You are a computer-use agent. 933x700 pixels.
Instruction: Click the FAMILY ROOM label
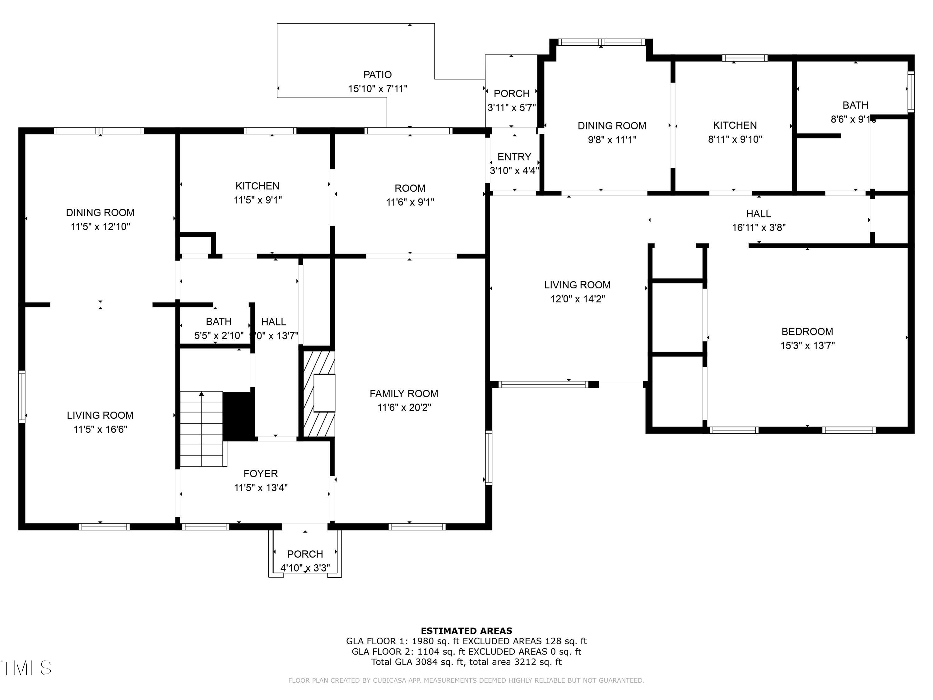[x=404, y=394]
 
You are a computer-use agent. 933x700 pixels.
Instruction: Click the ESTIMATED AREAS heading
[x=466, y=631]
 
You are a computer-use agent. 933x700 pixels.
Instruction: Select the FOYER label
[x=260, y=474]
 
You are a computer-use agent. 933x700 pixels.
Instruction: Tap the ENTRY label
[x=514, y=157]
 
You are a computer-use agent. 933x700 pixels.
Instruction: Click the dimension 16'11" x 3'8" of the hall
[x=759, y=228]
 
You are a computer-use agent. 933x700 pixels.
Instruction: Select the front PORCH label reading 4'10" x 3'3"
[x=305, y=554]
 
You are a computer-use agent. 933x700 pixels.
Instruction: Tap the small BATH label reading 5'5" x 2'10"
[x=219, y=321]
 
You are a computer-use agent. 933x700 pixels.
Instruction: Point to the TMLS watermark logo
[x=26, y=668]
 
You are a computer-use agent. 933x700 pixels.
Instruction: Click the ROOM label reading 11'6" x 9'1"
[x=410, y=188]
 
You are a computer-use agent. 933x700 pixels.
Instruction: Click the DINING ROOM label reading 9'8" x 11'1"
[x=612, y=126]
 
